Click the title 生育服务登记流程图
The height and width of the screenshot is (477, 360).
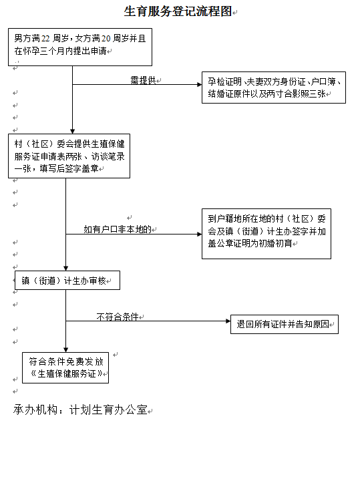(x=178, y=11)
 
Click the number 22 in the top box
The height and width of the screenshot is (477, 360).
(x=45, y=39)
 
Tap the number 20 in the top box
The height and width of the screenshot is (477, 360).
(x=106, y=39)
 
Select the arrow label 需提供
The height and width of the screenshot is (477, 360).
(x=143, y=80)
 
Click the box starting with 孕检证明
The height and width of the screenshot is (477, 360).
(x=274, y=88)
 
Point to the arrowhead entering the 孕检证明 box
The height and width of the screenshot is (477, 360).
(x=200, y=85)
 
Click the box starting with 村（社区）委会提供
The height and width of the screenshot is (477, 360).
(x=69, y=156)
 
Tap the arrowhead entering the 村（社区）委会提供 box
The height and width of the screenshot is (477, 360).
(x=72, y=132)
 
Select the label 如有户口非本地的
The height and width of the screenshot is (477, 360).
(x=118, y=229)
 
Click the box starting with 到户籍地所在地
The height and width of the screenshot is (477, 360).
(x=266, y=234)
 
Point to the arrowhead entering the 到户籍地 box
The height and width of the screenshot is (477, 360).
(x=200, y=234)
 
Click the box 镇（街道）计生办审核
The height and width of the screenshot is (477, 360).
(x=67, y=280)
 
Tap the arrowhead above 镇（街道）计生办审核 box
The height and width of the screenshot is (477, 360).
(x=65, y=269)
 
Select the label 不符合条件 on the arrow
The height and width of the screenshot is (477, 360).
(x=118, y=317)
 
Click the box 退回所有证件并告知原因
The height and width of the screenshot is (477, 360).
(x=285, y=324)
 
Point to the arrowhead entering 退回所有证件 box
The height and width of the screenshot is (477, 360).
(x=228, y=321)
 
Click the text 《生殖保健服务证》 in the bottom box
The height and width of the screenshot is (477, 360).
(x=67, y=373)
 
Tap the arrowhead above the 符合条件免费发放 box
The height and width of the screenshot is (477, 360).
(x=65, y=350)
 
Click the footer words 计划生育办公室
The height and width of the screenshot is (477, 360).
(x=109, y=410)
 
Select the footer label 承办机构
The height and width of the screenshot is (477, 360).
(x=35, y=410)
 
